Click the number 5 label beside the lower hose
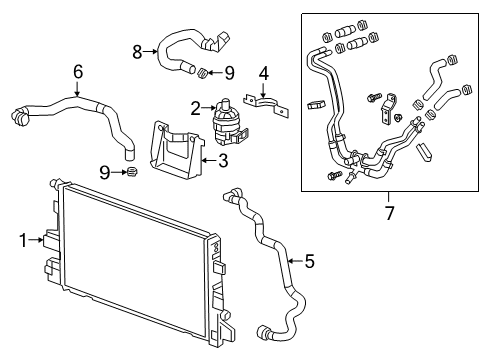tap(309, 263)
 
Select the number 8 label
tap(138, 47)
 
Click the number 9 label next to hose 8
tap(229, 71)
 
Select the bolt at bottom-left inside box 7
tap(333, 177)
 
